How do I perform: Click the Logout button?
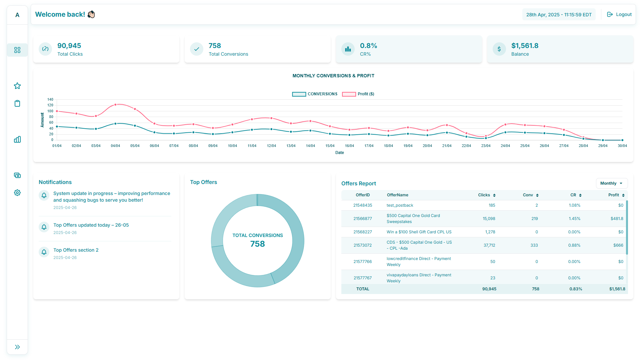pyautogui.click(x=619, y=14)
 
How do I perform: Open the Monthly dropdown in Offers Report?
pyautogui.click(x=611, y=183)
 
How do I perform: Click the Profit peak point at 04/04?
pyautogui.click(x=115, y=105)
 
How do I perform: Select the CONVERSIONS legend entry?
pyautogui.click(x=315, y=94)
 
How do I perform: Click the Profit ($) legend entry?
pyautogui.click(x=358, y=94)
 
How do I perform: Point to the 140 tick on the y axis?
pyautogui.click(x=50, y=99)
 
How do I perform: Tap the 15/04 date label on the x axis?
pyautogui.click(x=330, y=146)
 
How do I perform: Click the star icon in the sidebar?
pyautogui.click(x=17, y=86)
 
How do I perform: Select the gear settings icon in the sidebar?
pyautogui.click(x=17, y=193)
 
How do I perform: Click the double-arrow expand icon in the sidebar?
pyautogui.click(x=17, y=347)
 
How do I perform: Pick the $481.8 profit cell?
pyautogui.click(x=617, y=219)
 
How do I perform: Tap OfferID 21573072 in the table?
pyautogui.click(x=362, y=245)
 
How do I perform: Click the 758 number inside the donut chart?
pyautogui.click(x=257, y=244)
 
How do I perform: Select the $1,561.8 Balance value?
pyautogui.click(x=525, y=46)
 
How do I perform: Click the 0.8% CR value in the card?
pyautogui.click(x=368, y=46)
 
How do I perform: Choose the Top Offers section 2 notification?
pyautogui.click(x=76, y=250)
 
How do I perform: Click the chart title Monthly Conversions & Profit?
pyautogui.click(x=333, y=76)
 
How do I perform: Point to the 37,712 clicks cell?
pyautogui.click(x=489, y=245)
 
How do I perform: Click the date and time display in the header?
pyautogui.click(x=559, y=15)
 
